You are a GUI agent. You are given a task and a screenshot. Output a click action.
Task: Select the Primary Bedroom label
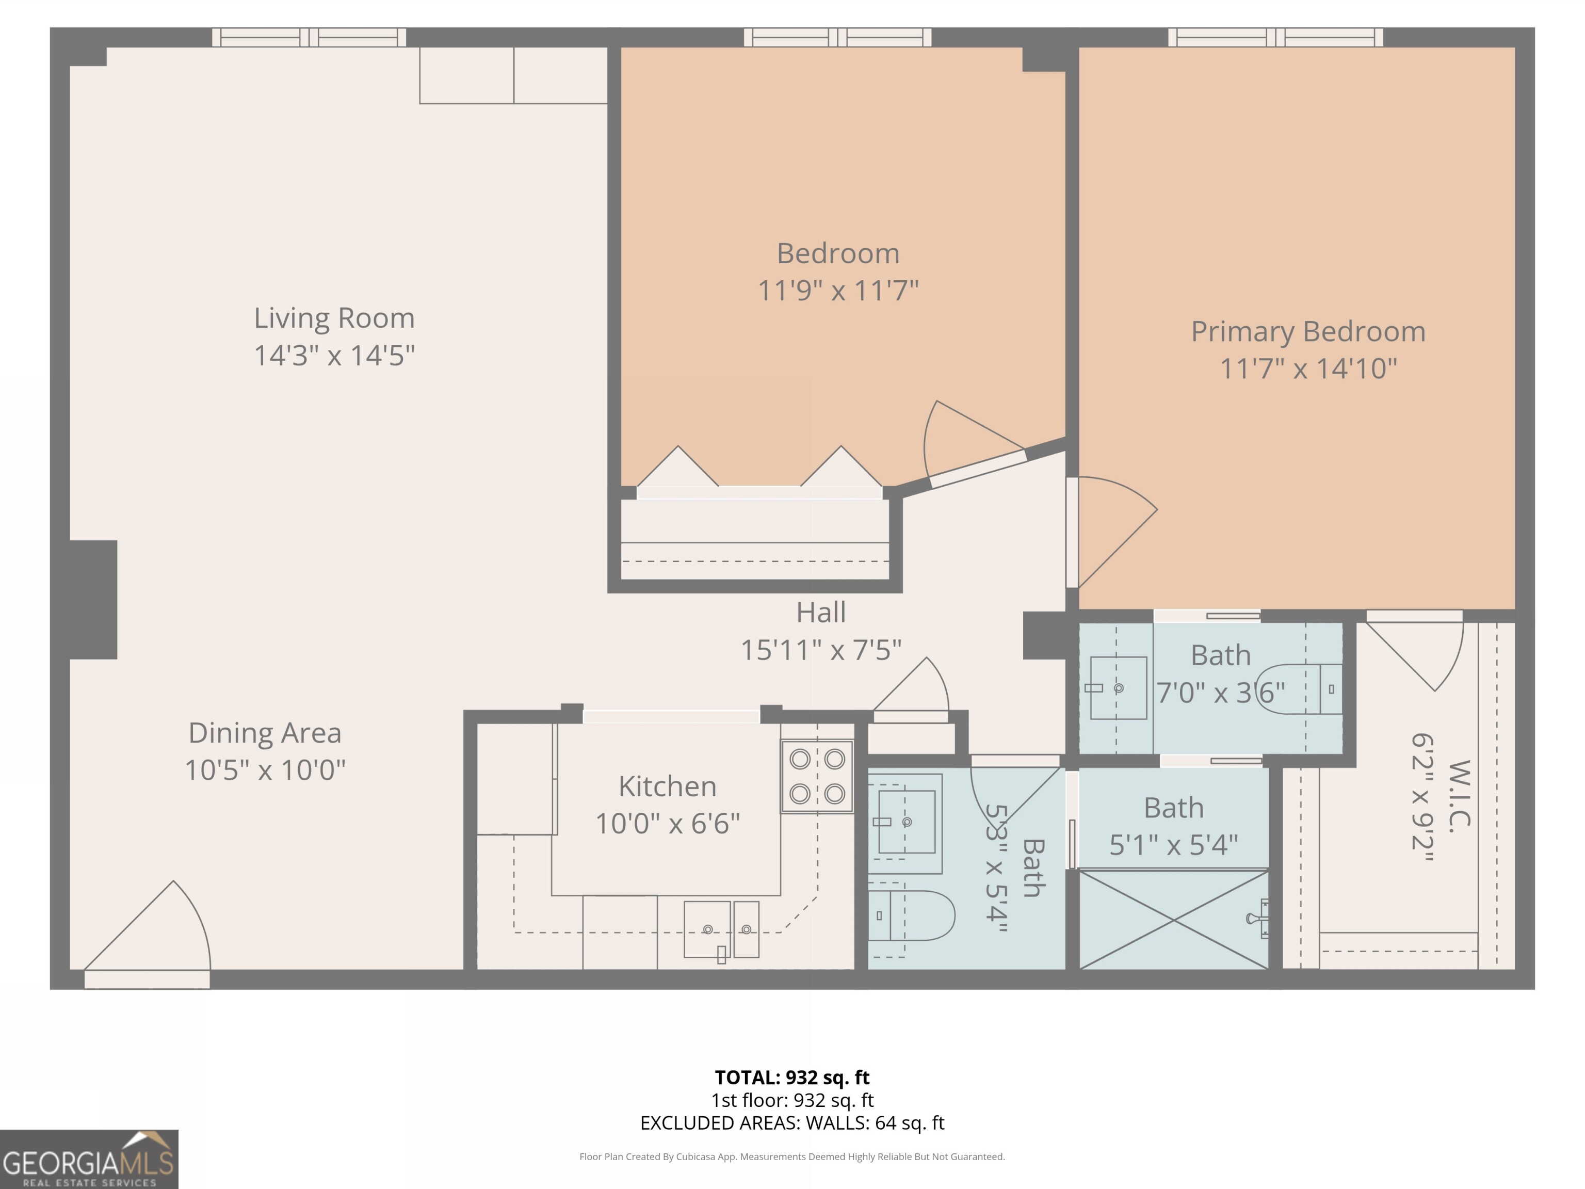[x=1308, y=332]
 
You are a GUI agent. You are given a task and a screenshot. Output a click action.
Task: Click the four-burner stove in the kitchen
[x=817, y=776]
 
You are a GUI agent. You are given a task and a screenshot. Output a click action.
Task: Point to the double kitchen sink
[x=722, y=929]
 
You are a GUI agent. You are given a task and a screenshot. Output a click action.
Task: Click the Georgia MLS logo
[x=89, y=1159]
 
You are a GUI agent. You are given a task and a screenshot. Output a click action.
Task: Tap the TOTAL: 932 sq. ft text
[x=792, y=1077]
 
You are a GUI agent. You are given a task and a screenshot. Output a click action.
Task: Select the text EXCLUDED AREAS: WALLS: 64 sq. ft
[x=792, y=1123]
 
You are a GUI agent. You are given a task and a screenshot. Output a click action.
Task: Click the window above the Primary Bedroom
[x=1275, y=37]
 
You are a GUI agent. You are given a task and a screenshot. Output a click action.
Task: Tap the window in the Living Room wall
[x=309, y=37]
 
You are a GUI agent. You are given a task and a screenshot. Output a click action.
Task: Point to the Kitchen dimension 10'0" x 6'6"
[x=667, y=824]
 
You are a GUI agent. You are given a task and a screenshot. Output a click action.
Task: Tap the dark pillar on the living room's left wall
[x=94, y=599]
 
